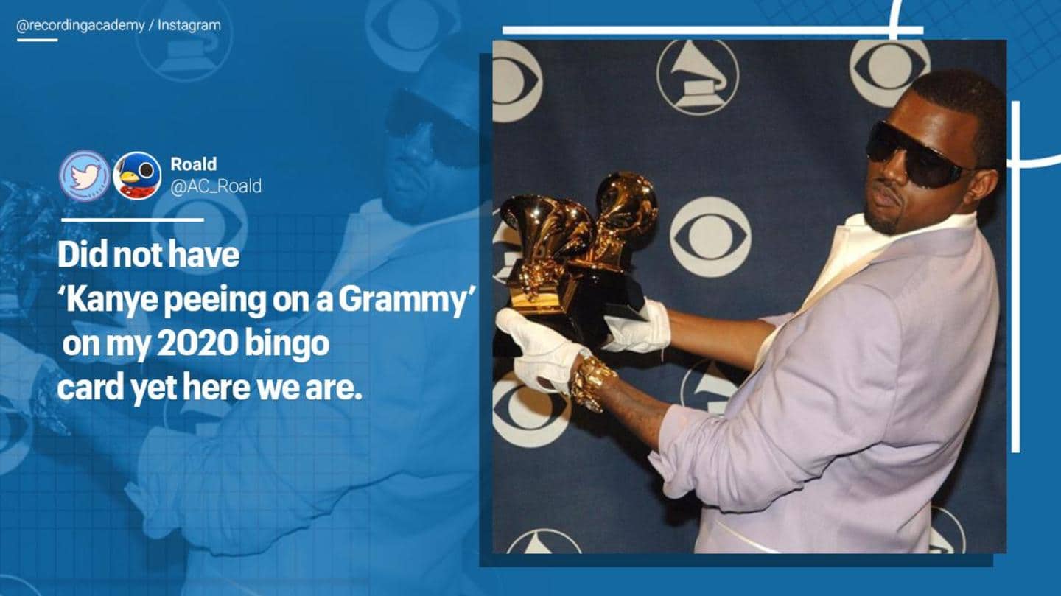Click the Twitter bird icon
click(x=84, y=175)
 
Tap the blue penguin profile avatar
click(x=137, y=175)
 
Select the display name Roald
click(x=193, y=164)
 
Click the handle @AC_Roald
click(x=215, y=186)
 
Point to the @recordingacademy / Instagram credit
click(x=119, y=25)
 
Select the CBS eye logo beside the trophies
click(x=710, y=236)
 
